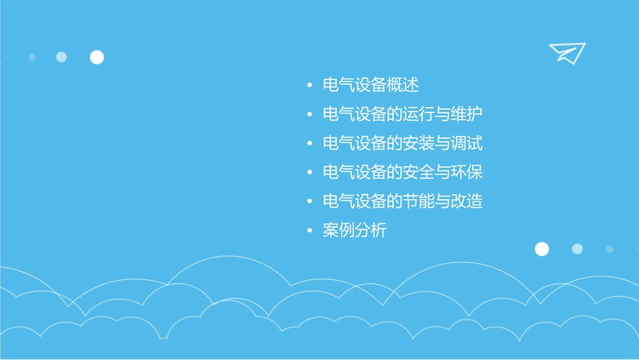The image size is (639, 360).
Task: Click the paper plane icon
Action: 566,52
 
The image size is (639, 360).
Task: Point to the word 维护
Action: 467,114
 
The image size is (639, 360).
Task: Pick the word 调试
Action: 467,143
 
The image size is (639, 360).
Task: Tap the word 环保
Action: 467,172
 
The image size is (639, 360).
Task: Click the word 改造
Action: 467,201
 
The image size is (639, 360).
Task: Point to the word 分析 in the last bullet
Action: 371,231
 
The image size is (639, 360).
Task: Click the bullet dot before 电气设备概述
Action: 309,86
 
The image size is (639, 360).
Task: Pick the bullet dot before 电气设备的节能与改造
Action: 309,202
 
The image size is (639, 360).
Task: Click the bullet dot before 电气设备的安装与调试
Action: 309,144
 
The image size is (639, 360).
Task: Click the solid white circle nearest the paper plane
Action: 97,57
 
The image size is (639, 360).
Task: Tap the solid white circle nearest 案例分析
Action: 541,249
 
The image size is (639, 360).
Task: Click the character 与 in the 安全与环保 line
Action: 443,172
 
